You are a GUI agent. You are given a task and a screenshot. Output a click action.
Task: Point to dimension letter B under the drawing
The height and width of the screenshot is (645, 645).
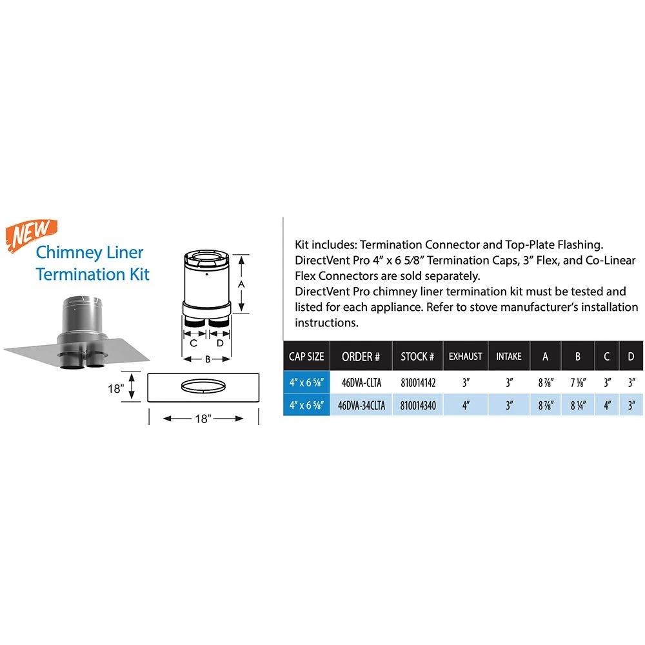click(208, 360)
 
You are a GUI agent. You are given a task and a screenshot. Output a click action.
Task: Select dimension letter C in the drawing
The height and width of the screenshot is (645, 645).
click(193, 343)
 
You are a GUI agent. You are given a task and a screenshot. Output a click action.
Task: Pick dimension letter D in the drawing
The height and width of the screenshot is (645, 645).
click(220, 343)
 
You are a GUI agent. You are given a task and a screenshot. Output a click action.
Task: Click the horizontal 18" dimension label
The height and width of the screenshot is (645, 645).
click(203, 419)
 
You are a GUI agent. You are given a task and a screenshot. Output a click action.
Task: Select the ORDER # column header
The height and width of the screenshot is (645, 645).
click(361, 357)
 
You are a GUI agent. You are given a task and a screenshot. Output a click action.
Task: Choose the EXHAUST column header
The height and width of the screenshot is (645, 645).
click(465, 356)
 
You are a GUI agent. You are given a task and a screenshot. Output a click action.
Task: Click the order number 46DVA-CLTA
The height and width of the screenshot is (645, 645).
click(361, 382)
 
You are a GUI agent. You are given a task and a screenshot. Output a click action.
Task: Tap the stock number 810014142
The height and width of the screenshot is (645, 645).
click(418, 382)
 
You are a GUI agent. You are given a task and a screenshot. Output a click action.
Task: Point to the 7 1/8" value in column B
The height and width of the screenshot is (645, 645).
click(577, 382)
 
